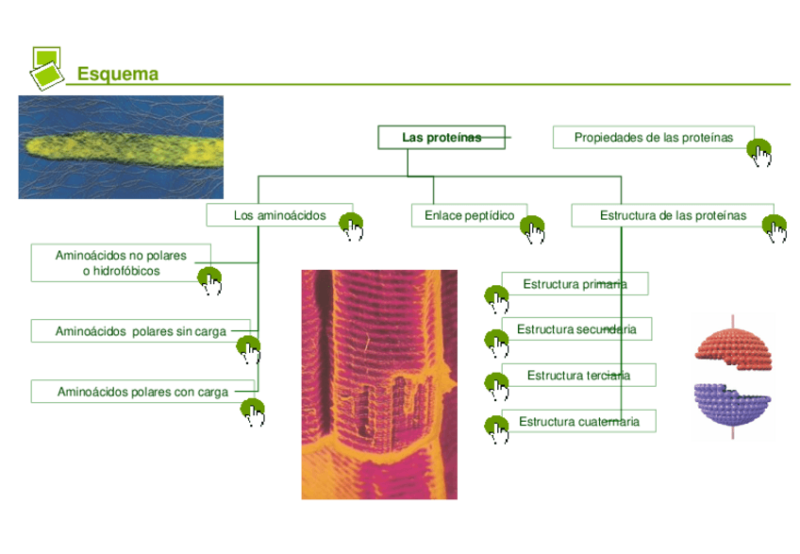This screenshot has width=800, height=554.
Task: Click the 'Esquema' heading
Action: pos(117,74)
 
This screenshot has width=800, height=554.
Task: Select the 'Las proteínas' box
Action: pos(441,138)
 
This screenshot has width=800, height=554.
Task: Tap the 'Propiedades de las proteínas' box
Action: pos(653,138)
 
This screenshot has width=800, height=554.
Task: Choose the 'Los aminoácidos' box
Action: pos(279,216)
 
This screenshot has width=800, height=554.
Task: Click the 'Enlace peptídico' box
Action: pos(469,216)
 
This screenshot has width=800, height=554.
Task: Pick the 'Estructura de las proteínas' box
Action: pos(672,216)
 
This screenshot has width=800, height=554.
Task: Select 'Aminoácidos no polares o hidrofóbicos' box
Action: pos(121,262)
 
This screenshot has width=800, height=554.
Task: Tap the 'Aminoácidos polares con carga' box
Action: pos(142,392)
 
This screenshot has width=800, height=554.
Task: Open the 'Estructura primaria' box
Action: pos(574,284)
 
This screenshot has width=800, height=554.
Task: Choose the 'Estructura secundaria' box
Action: pos(575,329)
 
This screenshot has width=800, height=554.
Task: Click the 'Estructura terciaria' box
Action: pos(577,376)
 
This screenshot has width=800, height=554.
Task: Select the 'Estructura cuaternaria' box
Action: pos(578,421)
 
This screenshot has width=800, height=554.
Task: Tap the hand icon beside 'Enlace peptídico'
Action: pos(534,228)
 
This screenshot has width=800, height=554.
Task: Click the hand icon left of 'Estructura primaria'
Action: pos(496,299)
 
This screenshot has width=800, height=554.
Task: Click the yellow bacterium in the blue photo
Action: pos(123,148)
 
